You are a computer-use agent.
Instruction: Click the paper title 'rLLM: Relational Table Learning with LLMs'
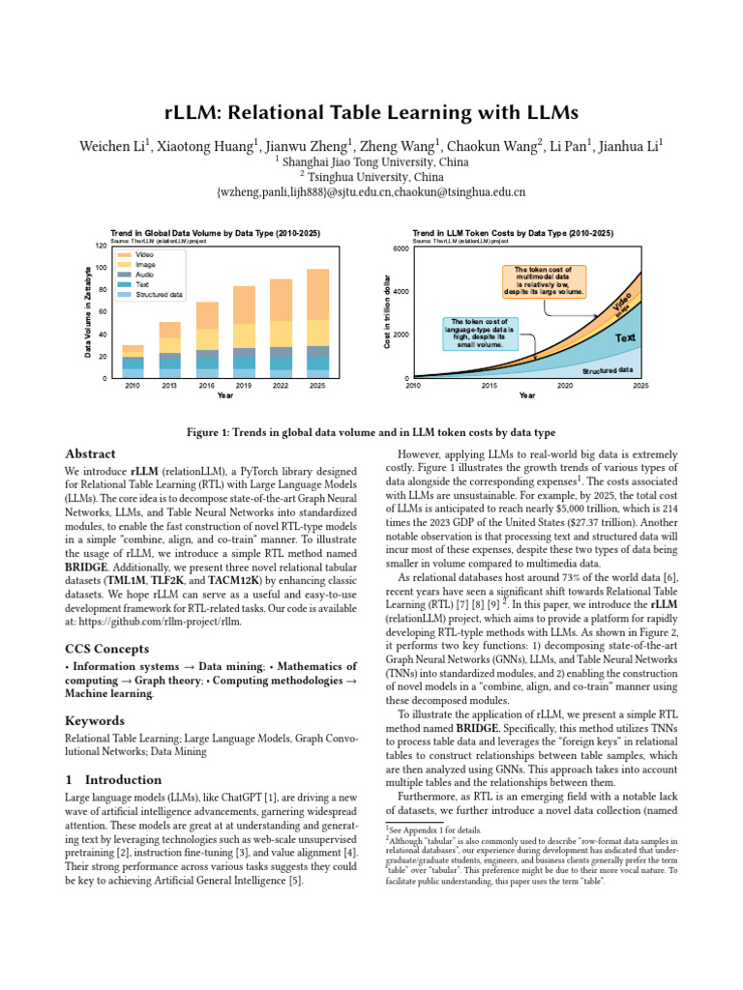point(371,113)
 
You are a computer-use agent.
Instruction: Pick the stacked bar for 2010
point(133,361)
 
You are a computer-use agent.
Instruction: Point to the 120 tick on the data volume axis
point(101,247)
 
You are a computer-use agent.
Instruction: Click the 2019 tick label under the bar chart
point(244,385)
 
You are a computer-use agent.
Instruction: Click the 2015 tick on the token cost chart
point(490,385)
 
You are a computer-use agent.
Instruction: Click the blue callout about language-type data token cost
point(480,333)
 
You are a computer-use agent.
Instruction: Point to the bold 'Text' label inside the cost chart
point(625,338)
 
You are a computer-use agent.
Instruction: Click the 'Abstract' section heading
point(90,454)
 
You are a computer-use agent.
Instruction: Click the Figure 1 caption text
point(371,431)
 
